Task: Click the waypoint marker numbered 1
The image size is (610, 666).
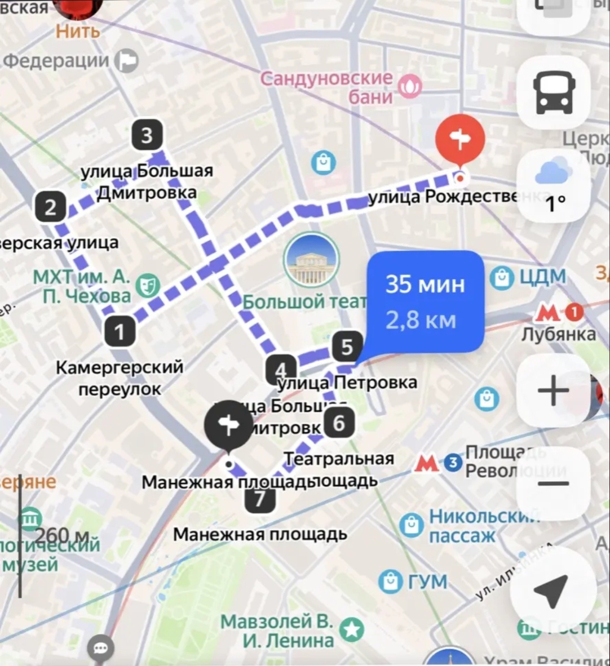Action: coord(120,331)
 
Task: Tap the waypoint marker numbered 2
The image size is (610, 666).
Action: coord(51,207)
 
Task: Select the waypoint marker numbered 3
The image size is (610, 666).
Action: coord(147,135)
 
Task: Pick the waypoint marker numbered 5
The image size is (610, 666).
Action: coord(347,347)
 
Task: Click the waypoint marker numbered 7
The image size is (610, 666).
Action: coord(259,499)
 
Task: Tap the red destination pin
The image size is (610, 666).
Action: coord(461,140)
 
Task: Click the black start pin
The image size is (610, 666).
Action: coord(228,425)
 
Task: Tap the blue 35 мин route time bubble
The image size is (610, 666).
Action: coord(426,302)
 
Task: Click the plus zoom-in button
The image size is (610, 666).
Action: coord(553,390)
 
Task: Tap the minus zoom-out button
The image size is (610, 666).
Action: coord(553,483)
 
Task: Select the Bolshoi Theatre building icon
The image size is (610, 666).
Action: coord(311,260)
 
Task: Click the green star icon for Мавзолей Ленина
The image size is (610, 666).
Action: coord(352,629)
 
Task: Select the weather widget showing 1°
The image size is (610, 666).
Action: coord(552,186)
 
